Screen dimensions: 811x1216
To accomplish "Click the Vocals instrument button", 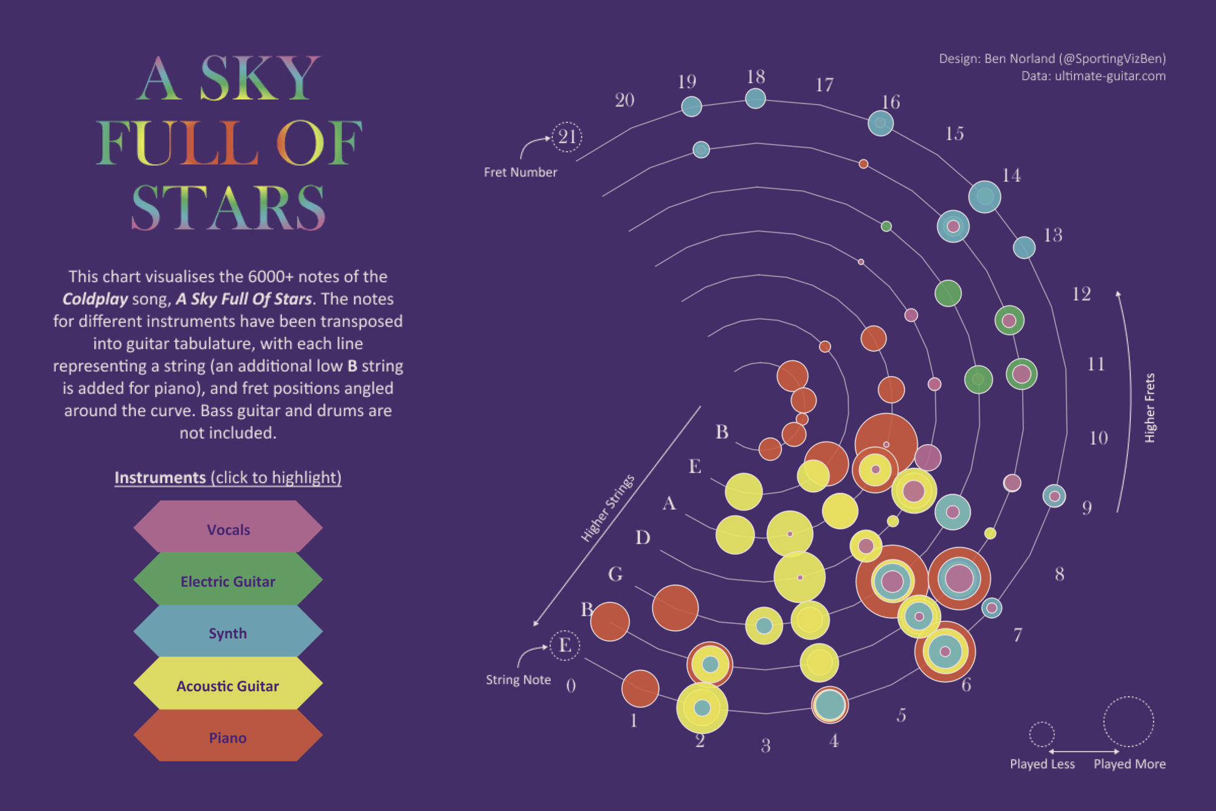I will pos(228,529).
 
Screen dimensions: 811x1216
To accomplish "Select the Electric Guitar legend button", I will pos(228,581).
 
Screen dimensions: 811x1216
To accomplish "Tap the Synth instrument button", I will pos(228,633).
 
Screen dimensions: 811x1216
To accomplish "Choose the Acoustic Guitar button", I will pos(228,686).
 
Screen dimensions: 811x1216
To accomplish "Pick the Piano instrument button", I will pos(228,737).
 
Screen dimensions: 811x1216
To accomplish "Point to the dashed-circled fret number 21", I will pos(567,136).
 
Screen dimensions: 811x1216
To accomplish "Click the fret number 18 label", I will pos(756,77).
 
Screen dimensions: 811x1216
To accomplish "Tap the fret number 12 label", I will pos(1081,294).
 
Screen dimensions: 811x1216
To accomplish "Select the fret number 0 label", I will pos(571,686).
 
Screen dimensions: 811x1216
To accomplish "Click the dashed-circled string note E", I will pos(565,645).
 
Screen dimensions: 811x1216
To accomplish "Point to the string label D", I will pos(643,537).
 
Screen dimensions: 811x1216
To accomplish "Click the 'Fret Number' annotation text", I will pos(520,172).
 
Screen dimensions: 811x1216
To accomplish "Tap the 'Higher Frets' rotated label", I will pos(1149,408).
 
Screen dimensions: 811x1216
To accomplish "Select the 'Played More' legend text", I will pos(1130,764).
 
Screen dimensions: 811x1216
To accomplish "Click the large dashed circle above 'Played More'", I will pos(1128,722).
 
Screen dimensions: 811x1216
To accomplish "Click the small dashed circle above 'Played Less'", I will pos(1042,734).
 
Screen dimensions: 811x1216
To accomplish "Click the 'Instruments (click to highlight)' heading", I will pos(228,478).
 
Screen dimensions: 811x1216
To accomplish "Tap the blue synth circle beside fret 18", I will pos(755,98).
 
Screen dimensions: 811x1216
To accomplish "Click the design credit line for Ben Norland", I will pos(1052,58).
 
